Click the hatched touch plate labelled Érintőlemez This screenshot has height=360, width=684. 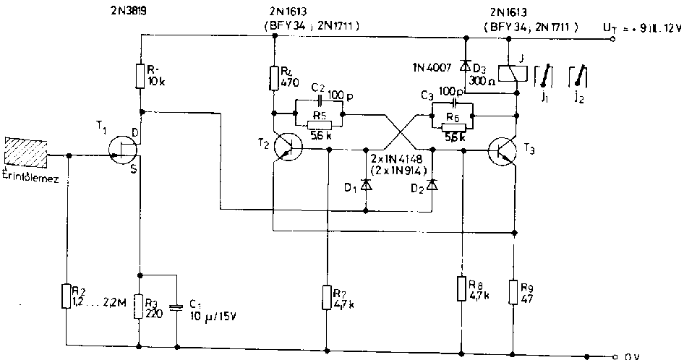(x=26, y=154)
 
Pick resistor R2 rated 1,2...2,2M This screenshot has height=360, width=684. (x=67, y=296)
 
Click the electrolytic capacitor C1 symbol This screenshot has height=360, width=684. (x=176, y=307)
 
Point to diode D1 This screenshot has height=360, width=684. (x=365, y=185)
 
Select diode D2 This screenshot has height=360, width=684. (x=432, y=185)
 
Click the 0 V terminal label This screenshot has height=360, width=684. (x=630, y=356)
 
